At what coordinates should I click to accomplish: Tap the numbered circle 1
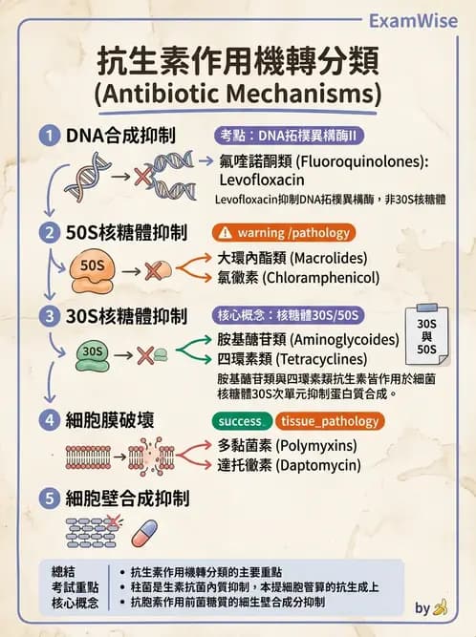50,136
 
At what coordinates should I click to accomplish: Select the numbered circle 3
50,316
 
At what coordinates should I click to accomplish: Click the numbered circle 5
50,498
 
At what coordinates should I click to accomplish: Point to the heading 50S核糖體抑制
126,232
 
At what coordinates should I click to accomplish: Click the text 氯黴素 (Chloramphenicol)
298,278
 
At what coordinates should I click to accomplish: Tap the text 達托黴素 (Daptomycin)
288,465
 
